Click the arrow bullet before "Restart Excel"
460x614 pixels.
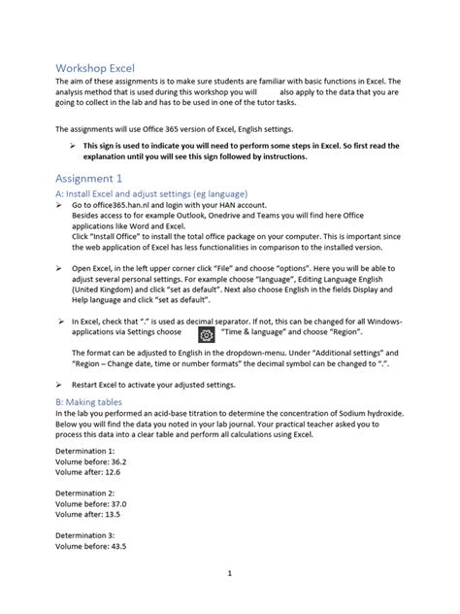[60, 385]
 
